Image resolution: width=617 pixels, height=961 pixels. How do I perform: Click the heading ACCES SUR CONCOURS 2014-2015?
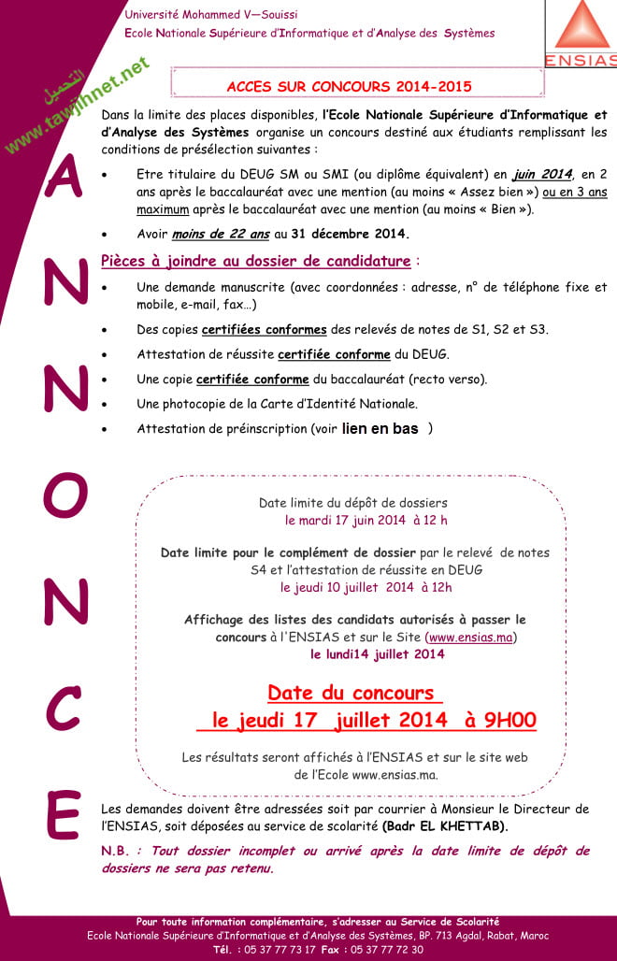(349, 87)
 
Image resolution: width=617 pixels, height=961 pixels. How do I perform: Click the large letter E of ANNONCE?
(64, 816)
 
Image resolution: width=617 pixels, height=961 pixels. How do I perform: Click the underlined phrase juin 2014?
(541, 174)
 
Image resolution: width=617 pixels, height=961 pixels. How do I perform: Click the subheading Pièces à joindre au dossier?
(255, 261)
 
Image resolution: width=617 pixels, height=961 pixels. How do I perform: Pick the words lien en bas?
(380, 428)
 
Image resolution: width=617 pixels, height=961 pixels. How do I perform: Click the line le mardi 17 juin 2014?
(366, 520)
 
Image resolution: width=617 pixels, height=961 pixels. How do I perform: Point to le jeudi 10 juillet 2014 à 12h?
(366, 587)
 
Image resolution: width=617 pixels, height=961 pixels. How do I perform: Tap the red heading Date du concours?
(353, 693)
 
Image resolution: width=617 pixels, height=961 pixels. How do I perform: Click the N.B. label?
(115, 851)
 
